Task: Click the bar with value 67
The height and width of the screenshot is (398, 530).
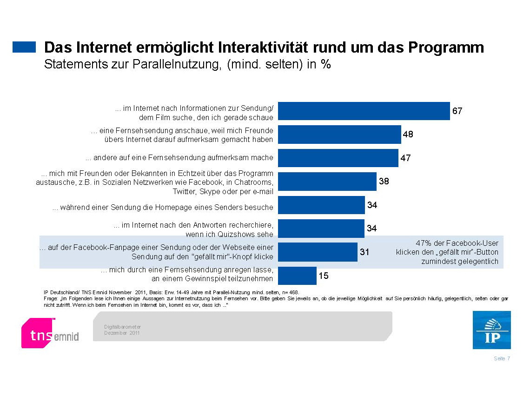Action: pyautogui.click(x=364, y=111)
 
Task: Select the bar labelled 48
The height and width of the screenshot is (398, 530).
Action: pyautogui.click(x=339, y=135)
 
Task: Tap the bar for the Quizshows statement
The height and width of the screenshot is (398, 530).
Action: pyautogui.click(x=321, y=229)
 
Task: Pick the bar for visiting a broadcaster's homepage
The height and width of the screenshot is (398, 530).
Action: pyautogui.click(x=321, y=205)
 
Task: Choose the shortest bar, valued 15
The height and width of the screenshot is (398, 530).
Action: pyautogui.click(x=297, y=276)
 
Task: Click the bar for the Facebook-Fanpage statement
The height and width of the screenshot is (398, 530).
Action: pyautogui.click(x=318, y=252)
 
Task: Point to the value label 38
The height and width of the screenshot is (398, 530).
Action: pyautogui.click(x=384, y=182)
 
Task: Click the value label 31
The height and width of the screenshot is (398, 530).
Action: pyautogui.click(x=364, y=252)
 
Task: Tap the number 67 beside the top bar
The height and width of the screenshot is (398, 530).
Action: pyautogui.click(x=457, y=111)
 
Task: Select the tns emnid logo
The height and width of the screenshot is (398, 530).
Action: pyautogui.click(x=50, y=333)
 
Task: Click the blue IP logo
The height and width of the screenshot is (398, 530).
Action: pyautogui.click(x=491, y=331)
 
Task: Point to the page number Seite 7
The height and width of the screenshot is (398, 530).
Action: pyautogui.click(x=502, y=358)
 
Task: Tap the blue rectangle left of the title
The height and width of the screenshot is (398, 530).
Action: pyautogui.click(x=24, y=47)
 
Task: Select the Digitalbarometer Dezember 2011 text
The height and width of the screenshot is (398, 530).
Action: pyautogui.click(x=122, y=330)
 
